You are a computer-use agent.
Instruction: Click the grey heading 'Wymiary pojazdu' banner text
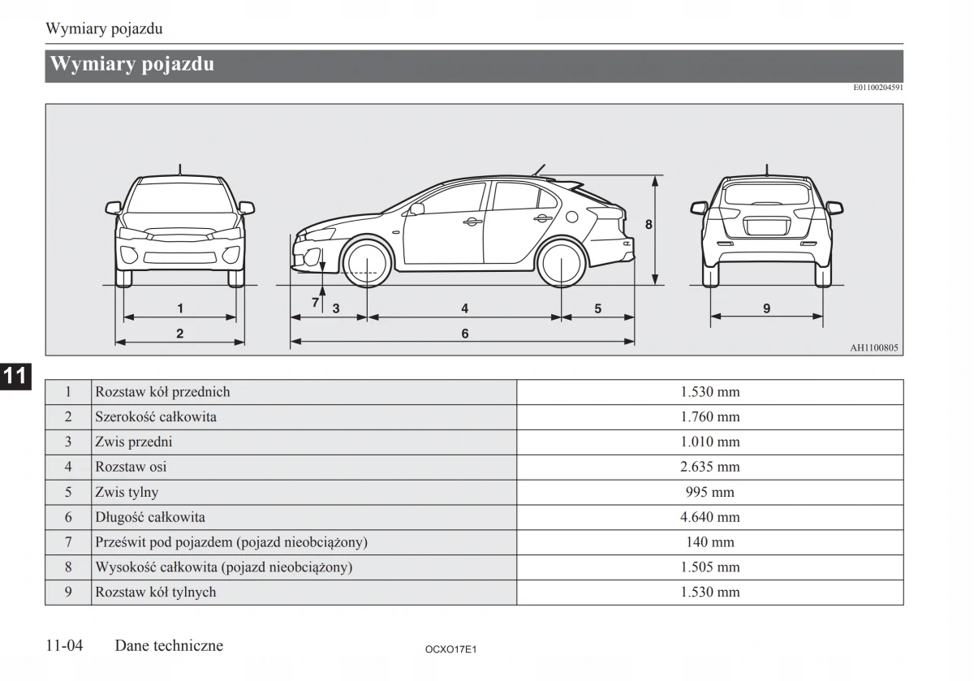point(132,64)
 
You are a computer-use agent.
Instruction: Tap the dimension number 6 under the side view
point(465,334)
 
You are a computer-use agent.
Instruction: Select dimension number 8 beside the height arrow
point(649,224)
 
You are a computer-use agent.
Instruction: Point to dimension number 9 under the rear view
point(766,308)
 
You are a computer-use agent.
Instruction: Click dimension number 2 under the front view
point(180,333)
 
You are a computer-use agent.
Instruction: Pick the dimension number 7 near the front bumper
point(316,303)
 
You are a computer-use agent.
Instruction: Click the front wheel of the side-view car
point(367,263)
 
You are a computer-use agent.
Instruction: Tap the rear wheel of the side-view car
point(562,263)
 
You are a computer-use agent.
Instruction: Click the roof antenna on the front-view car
point(180,169)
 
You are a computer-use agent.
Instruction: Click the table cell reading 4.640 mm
point(709,517)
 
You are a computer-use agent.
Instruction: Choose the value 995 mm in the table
point(709,492)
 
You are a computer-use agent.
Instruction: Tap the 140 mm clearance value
point(709,542)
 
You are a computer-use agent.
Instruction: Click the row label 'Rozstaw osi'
point(131,467)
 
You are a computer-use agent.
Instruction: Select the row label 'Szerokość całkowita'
point(156,417)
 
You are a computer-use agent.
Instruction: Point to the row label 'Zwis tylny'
point(127,492)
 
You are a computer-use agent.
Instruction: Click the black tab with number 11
point(15,376)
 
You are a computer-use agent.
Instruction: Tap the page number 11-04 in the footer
point(65,646)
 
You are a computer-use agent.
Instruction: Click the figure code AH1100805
point(874,347)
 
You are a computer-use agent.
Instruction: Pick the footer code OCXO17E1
point(450,650)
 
